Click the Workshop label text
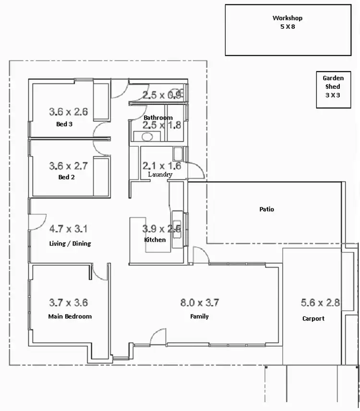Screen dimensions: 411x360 [288, 18]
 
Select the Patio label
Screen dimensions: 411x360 [266, 210]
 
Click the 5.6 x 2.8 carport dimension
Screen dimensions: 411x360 [320, 303]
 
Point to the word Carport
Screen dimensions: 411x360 [313, 318]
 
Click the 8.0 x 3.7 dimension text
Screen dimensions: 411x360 [199, 303]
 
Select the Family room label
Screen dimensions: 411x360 [199, 317]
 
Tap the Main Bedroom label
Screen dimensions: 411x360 [70, 317]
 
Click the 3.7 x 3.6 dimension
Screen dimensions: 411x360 [69, 303]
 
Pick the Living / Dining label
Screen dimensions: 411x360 [70, 244]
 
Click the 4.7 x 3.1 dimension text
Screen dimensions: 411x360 [69, 229]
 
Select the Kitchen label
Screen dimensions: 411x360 [155, 240]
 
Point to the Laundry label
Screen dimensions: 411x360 [160, 175]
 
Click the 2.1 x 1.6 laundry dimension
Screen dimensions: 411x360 [162, 166]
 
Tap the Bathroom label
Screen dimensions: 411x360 [158, 118]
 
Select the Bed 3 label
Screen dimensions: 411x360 [64, 124]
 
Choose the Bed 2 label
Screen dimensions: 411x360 [64, 177]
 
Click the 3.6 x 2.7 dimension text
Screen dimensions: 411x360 [69, 166]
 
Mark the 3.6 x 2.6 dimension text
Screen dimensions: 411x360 [69, 112]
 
